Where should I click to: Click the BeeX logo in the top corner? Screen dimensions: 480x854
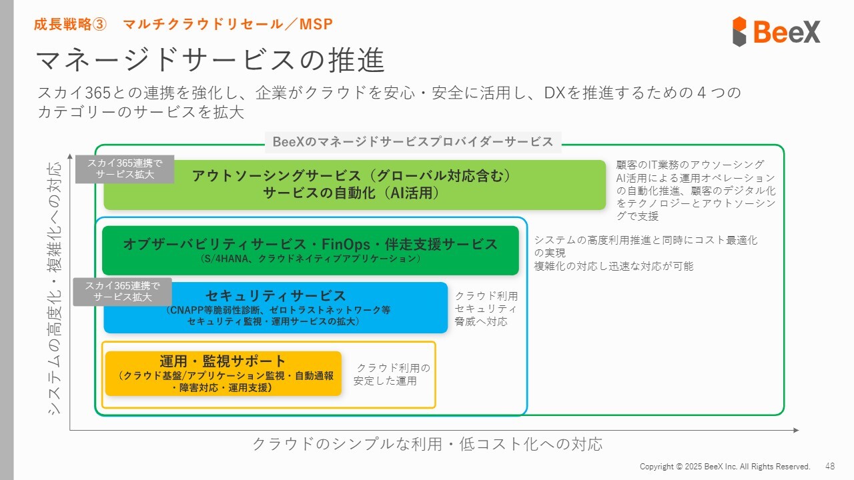coord(776,31)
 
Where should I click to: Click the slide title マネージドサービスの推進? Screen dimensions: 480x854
coord(209,61)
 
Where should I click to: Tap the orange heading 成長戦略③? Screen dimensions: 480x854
coord(70,25)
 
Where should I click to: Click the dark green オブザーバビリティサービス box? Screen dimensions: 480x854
coord(310,251)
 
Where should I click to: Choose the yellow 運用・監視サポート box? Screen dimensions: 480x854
coord(223,373)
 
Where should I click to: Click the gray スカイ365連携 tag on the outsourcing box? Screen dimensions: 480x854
coord(125,169)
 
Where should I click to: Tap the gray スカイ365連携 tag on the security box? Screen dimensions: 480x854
coord(123,292)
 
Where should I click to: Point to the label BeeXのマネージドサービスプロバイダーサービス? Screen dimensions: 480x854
coord(413,142)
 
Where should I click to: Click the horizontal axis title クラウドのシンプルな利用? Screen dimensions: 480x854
coord(427,444)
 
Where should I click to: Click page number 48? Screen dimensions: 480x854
coord(830,466)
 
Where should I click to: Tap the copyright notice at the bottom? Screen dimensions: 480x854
coord(725,467)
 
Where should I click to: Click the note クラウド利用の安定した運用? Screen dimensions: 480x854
coord(392,375)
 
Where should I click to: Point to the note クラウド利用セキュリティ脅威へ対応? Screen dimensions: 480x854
coord(486,309)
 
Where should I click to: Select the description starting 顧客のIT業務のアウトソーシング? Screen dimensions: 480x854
coord(696,190)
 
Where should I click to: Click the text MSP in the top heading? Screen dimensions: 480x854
coord(316,25)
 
